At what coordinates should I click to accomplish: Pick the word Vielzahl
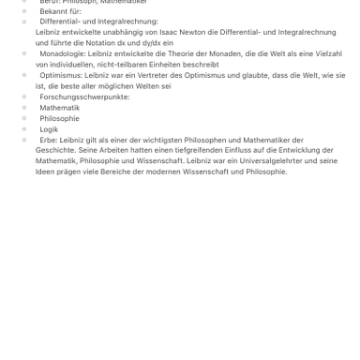point(326,54)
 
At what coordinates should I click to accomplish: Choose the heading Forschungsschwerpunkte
point(84,97)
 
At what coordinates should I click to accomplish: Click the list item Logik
point(49,129)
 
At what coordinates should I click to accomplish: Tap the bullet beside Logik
point(24,129)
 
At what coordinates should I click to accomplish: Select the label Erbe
point(48,140)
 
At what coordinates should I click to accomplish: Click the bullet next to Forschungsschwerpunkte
point(24,97)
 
